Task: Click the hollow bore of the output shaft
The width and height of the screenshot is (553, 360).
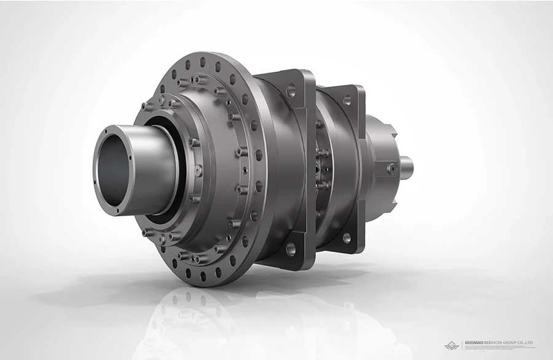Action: tap(119, 172)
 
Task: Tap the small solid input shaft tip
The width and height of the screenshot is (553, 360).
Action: tap(406, 165)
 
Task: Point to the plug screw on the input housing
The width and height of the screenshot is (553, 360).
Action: tap(391, 166)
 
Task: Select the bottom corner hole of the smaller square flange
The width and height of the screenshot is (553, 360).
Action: tap(347, 237)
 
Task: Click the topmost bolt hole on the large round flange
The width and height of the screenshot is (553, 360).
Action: tap(202, 62)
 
